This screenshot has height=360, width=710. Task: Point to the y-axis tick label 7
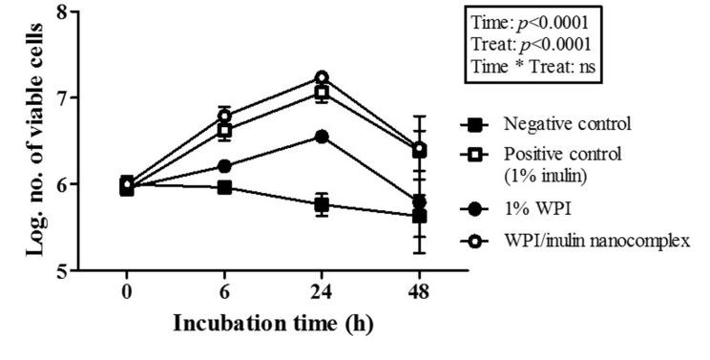(61, 98)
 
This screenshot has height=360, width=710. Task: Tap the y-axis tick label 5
(61, 270)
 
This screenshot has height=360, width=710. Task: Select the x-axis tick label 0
(127, 289)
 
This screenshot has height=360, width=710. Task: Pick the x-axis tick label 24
(322, 289)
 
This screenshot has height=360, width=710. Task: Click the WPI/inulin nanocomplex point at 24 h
(322, 77)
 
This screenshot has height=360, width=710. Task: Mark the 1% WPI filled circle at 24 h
(322, 137)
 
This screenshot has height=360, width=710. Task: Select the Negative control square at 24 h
(322, 204)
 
